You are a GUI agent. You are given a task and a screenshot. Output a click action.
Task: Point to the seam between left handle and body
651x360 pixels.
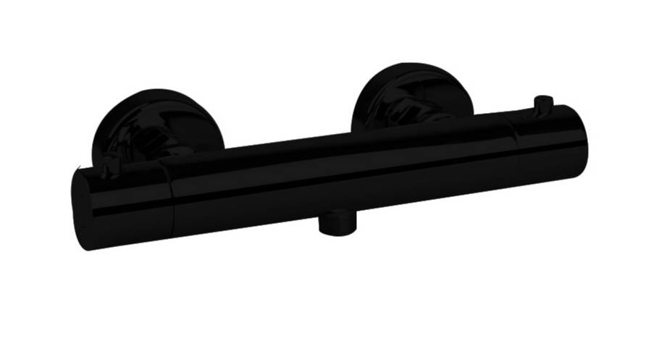pos(171,199)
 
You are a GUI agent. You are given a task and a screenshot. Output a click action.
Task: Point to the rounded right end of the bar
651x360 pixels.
pos(582,141)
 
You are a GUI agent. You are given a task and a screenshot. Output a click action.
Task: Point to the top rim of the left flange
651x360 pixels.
pos(156,92)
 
